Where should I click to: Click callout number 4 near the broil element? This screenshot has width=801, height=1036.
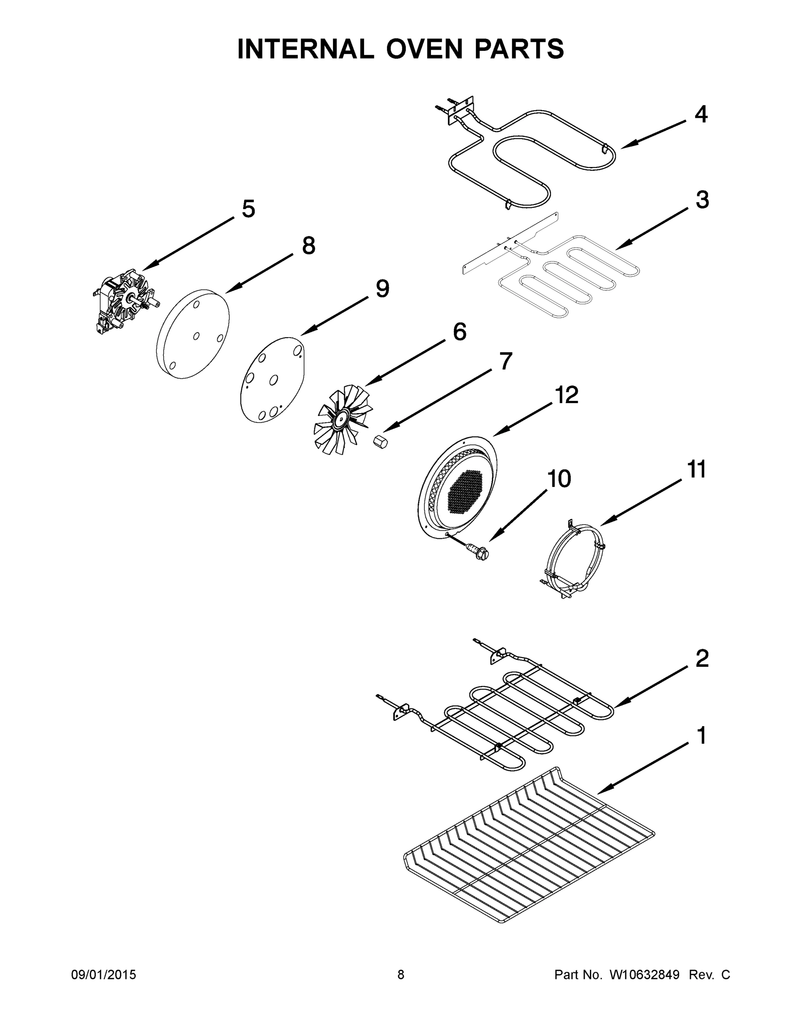point(701,115)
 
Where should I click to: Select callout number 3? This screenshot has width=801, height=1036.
point(702,200)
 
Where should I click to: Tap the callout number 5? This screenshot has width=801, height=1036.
point(248,209)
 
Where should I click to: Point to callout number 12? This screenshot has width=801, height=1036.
point(567,395)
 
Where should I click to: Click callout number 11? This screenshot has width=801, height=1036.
point(697,469)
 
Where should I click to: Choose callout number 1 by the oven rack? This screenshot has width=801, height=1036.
point(701,736)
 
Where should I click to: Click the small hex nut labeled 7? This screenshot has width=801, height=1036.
point(380,442)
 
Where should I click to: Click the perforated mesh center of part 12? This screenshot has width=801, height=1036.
point(465,493)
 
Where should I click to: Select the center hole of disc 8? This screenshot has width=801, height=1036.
point(196,336)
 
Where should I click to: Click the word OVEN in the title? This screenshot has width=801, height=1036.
point(424,49)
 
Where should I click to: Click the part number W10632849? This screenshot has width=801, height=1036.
point(644,975)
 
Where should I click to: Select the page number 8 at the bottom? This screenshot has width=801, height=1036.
point(401,975)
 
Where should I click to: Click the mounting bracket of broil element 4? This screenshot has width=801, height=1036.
point(460,111)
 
